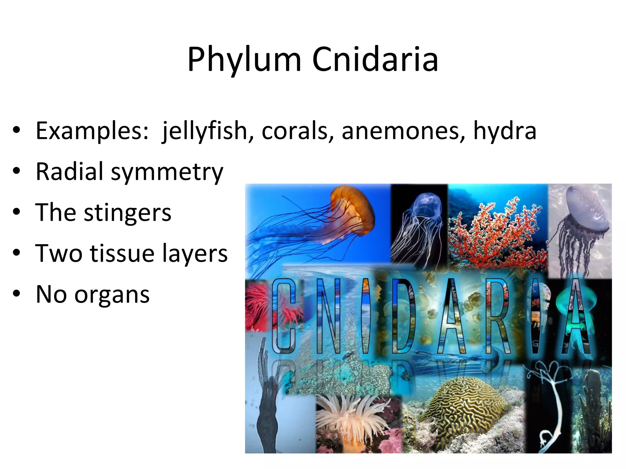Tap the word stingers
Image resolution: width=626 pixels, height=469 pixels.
127,213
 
